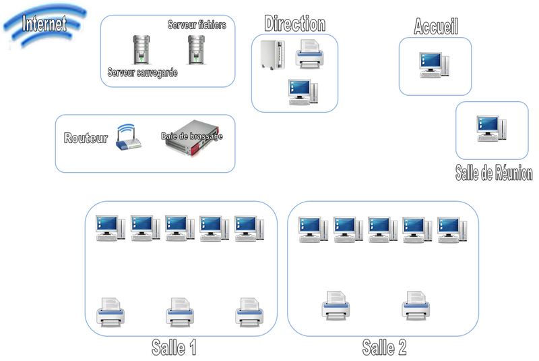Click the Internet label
[x=44, y=25]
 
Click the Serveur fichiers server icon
[x=196, y=49]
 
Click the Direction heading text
[x=294, y=24]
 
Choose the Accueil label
[x=436, y=27]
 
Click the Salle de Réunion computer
[x=491, y=128]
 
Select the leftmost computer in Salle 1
[x=110, y=228]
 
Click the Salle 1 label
[x=174, y=348]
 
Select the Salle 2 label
[x=384, y=348]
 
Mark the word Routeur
[x=86, y=138]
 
